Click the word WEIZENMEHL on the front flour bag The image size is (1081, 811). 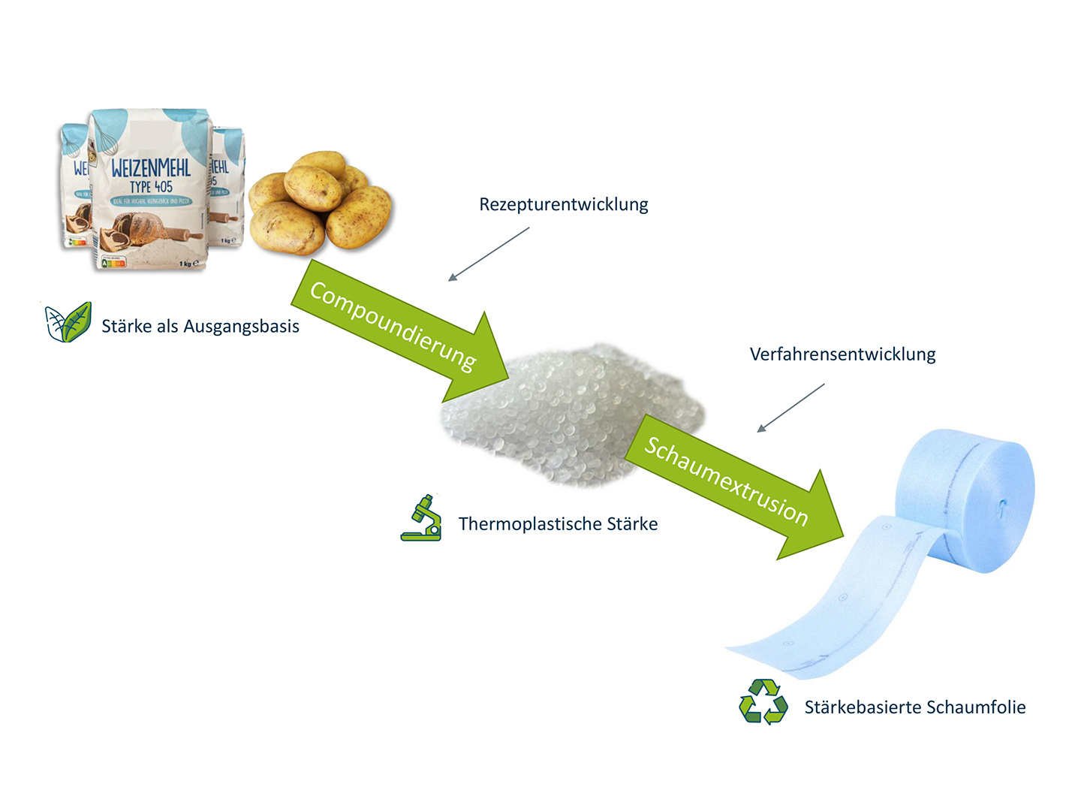click(x=151, y=167)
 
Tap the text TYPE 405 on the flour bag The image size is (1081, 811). click(x=151, y=186)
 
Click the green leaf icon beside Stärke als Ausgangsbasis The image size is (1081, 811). click(x=68, y=323)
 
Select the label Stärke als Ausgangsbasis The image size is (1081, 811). click(x=200, y=327)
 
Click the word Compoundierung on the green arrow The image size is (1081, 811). click(x=393, y=326)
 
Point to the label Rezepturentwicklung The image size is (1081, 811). click(x=563, y=204)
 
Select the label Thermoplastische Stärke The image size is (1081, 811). click(x=558, y=524)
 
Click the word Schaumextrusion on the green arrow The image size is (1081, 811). click(x=726, y=481)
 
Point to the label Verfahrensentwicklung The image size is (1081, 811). click(x=842, y=354)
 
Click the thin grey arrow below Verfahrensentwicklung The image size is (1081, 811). click(x=790, y=408)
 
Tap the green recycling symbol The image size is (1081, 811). click(x=763, y=702)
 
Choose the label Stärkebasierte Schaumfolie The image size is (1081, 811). click(x=914, y=707)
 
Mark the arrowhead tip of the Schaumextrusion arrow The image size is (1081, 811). click(x=844, y=535)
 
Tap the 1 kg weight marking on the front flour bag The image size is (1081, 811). click(x=188, y=263)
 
